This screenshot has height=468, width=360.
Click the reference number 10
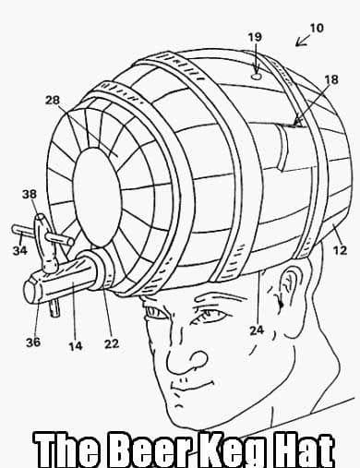pos(316,29)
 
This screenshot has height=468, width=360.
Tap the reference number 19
pos(255,38)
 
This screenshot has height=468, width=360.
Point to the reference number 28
pos(54,98)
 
